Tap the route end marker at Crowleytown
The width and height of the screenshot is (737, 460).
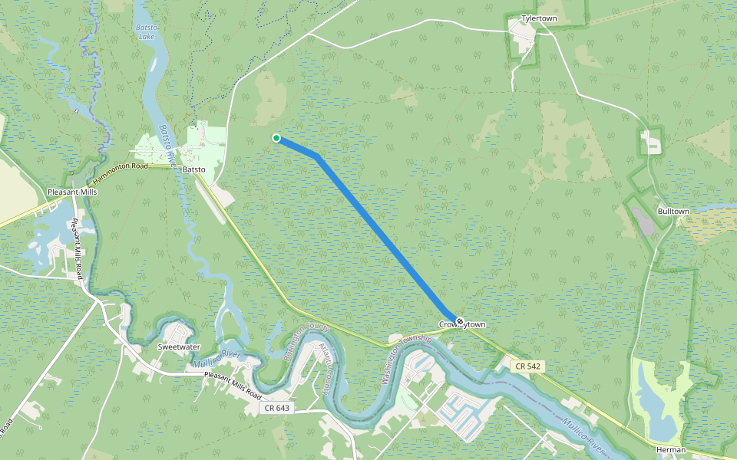pyautogui.click(x=459, y=320)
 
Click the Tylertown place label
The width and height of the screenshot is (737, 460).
pyautogui.click(x=538, y=17)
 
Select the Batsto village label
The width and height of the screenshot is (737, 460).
pyautogui.click(x=193, y=169)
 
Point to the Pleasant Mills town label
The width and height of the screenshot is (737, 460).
pyautogui.click(x=72, y=192)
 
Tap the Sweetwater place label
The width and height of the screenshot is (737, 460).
pyautogui.click(x=179, y=347)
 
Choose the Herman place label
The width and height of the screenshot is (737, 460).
pyautogui.click(x=670, y=449)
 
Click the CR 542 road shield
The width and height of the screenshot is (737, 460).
pyautogui.click(x=525, y=367)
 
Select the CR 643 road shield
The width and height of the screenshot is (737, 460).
pyautogui.click(x=276, y=408)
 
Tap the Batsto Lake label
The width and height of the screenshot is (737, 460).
pyautogui.click(x=146, y=31)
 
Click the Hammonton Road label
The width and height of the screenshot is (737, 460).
pyautogui.click(x=120, y=166)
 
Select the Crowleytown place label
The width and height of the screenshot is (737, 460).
pyautogui.click(x=462, y=325)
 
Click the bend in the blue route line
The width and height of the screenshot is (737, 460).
pyautogui.click(x=316, y=156)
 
